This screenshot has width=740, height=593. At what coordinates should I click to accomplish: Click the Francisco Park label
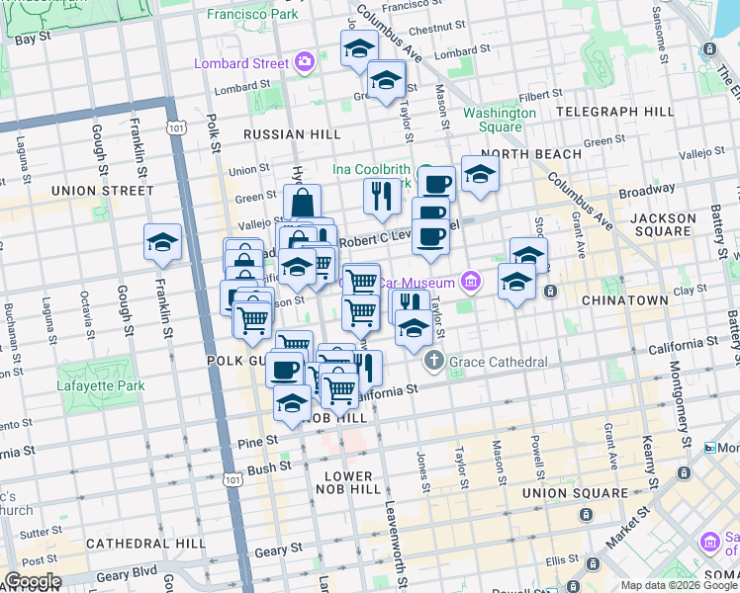click(x=253, y=16)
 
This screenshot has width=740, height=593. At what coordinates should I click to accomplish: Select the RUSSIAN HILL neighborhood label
click(x=292, y=134)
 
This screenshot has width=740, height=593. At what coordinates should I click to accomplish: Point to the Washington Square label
click(x=499, y=120)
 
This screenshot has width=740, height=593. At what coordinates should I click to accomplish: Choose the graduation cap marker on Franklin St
click(x=162, y=243)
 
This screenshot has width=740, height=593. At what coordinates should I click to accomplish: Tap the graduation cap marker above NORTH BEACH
click(x=480, y=176)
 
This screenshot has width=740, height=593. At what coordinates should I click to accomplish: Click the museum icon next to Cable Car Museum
click(x=470, y=283)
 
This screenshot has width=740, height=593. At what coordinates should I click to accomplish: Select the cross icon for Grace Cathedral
click(x=435, y=363)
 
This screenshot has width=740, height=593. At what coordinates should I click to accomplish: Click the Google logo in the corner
click(x=32, y=581)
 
